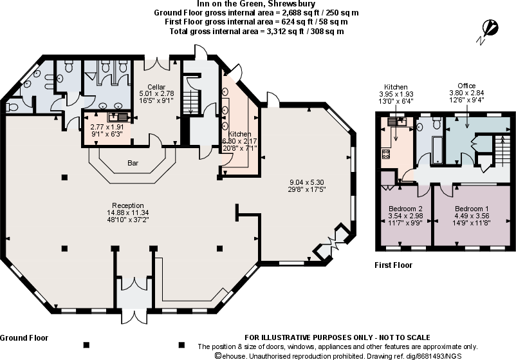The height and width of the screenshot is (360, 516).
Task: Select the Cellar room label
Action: point(156,87)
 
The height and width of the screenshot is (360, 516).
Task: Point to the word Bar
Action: point(133,164)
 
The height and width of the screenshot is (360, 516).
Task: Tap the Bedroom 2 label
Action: point(405,209)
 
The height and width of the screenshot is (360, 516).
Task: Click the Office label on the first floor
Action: point(466,86)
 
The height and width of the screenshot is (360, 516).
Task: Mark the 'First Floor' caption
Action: point(393,265)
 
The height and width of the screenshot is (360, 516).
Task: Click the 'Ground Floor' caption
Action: point(24,337)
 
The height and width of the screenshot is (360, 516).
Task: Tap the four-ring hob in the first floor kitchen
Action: point(387,154)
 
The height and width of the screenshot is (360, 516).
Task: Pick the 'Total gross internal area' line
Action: point(257,31)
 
